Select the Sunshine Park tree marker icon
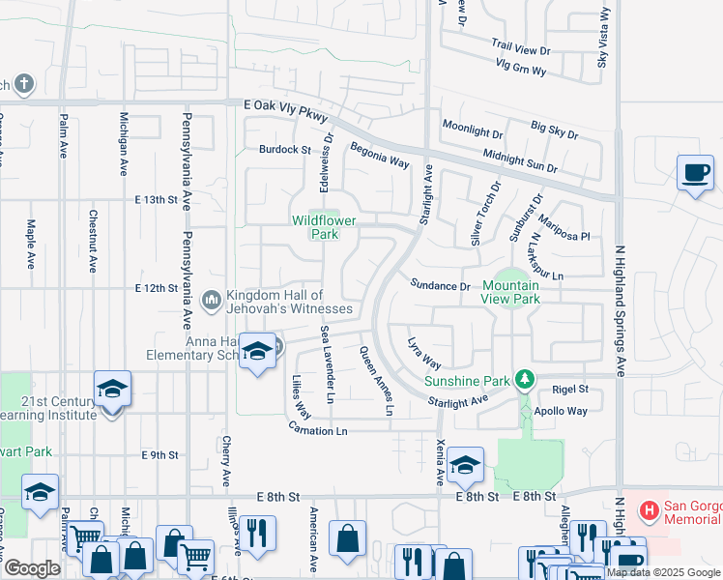[x=524, y=379]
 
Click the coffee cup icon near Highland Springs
[x=695, y=173]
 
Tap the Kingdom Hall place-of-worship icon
[x=212, y=302]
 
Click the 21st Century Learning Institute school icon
[x=112, y=390]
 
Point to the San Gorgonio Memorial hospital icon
[x=651, y=508]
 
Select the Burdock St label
[x=284, y=150]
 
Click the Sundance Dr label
[x=439, y=286]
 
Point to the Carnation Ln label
[x=316, y=427]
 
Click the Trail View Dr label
[x=520, y=46]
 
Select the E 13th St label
[x=157, y=200]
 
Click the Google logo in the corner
[x=31, y=568]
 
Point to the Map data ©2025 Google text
[x=663, y=572]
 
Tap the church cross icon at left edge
[x=23, y=85]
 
